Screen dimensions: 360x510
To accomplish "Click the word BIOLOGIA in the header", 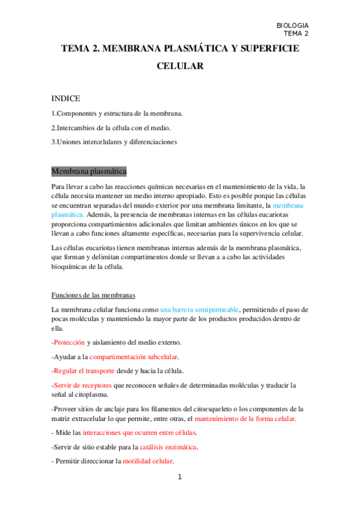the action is pos(292,25).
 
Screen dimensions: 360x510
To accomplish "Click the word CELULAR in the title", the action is pos(180,67).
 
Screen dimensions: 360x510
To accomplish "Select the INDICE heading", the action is pos(66,98).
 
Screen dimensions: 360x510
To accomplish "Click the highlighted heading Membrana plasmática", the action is pos(89,172).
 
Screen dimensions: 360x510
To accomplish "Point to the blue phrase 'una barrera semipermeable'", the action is pos(200,309).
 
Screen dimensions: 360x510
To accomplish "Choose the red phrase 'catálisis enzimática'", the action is pos(168,447).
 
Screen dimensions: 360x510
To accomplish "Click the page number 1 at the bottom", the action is pos(179,478).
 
